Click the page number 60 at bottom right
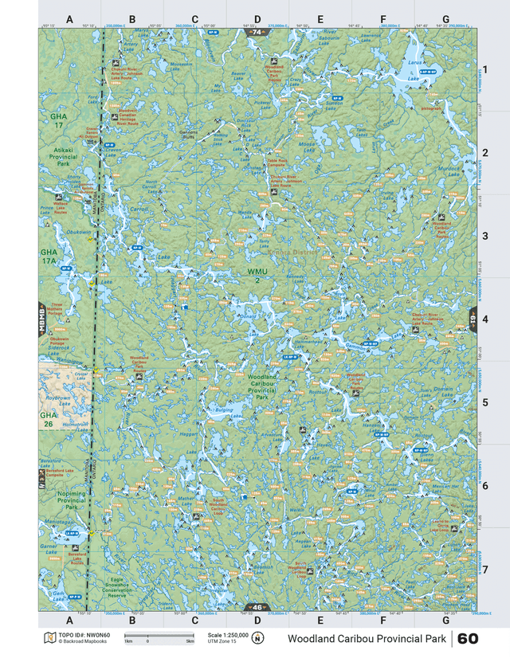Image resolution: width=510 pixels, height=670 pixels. pyautogui.click(x=468, y=639)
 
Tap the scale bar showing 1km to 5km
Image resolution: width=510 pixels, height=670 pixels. pyautogui.click(x=157, y=637)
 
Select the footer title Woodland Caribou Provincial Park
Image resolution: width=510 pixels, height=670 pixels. pyautogui.click(x=367, y=639)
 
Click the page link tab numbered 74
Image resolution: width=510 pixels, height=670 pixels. pyautogui.click(x=256, y=32)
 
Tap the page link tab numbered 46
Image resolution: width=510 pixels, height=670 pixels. pyautogui.click(x=256, y=607)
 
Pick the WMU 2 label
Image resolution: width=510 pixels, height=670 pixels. pyautogui.click(x=257, y=276)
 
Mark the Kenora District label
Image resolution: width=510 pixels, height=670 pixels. pyautogui.click(x=295, y=253)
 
